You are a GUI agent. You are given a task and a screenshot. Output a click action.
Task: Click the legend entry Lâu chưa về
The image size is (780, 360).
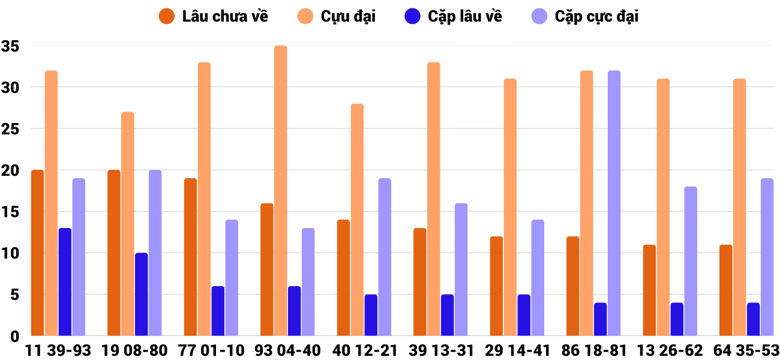(x=214, y=16)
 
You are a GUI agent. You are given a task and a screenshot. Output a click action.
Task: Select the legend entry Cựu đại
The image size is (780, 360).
(x=339, y=16)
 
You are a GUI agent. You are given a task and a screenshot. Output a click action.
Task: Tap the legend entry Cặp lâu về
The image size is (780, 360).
(x=454, y=16)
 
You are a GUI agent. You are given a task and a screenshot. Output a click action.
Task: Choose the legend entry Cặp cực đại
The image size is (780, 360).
(x=585, y=16)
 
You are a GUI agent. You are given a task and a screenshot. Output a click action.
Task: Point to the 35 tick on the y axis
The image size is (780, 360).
(x=10, y=46)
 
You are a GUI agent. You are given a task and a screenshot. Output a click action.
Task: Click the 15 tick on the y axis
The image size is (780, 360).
(x=10, y=212)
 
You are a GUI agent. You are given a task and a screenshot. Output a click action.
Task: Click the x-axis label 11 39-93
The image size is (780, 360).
(x=58, y=350)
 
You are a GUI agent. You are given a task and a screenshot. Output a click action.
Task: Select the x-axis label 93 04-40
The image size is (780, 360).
(x=287, y=350)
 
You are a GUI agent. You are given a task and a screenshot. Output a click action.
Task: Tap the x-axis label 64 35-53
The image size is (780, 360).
(x=746, y=350)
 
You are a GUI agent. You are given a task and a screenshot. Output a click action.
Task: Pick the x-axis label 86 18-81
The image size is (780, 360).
(x=593, y=350)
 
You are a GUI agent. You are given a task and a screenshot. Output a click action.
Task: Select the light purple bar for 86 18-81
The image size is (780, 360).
(x=614, y=203)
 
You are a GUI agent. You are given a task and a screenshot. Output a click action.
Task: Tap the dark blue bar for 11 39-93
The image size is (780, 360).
(x=65, y=282)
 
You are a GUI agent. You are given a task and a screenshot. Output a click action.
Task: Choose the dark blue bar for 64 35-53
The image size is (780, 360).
(x=753, y=319)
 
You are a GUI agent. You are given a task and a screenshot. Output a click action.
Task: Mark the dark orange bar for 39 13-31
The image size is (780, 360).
(x=420, y=282)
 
